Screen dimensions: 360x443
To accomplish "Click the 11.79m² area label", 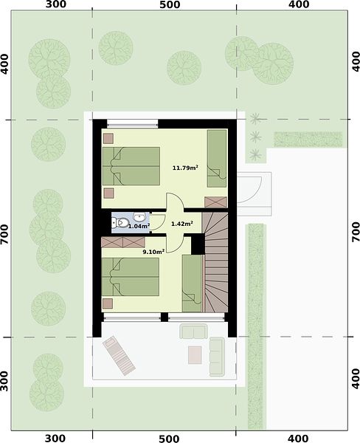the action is click(185, 168).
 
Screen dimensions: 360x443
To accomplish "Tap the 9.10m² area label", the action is click(153, 252).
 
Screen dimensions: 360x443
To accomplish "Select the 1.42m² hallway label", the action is click(182, 224).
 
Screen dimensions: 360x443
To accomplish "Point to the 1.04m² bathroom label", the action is click(139, 226).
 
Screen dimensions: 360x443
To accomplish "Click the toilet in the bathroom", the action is click(120, 223).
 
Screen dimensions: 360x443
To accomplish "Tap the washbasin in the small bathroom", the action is click(139, 217).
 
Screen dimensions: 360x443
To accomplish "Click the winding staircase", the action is click(215, 262).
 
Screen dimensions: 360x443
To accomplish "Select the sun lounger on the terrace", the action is click(119, 355).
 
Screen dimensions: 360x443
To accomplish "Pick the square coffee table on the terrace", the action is click(195, 355).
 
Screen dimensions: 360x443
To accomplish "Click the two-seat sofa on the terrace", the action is click(194, 331).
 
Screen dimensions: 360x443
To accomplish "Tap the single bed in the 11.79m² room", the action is click(217, 159).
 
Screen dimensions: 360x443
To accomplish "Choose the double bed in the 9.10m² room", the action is click(130, 277).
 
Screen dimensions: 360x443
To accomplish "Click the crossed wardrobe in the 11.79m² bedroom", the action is click(215, 202).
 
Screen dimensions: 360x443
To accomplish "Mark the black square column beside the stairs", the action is click(198, 244).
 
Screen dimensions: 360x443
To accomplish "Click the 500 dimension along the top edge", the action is click(170, 5).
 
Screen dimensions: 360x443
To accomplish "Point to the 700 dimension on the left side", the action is click(5, 234).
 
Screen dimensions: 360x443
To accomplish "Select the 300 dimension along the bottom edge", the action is click(55, 438).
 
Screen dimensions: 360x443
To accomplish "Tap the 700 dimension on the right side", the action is click(356, 232).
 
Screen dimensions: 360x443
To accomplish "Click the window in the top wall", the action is click(133, 124).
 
